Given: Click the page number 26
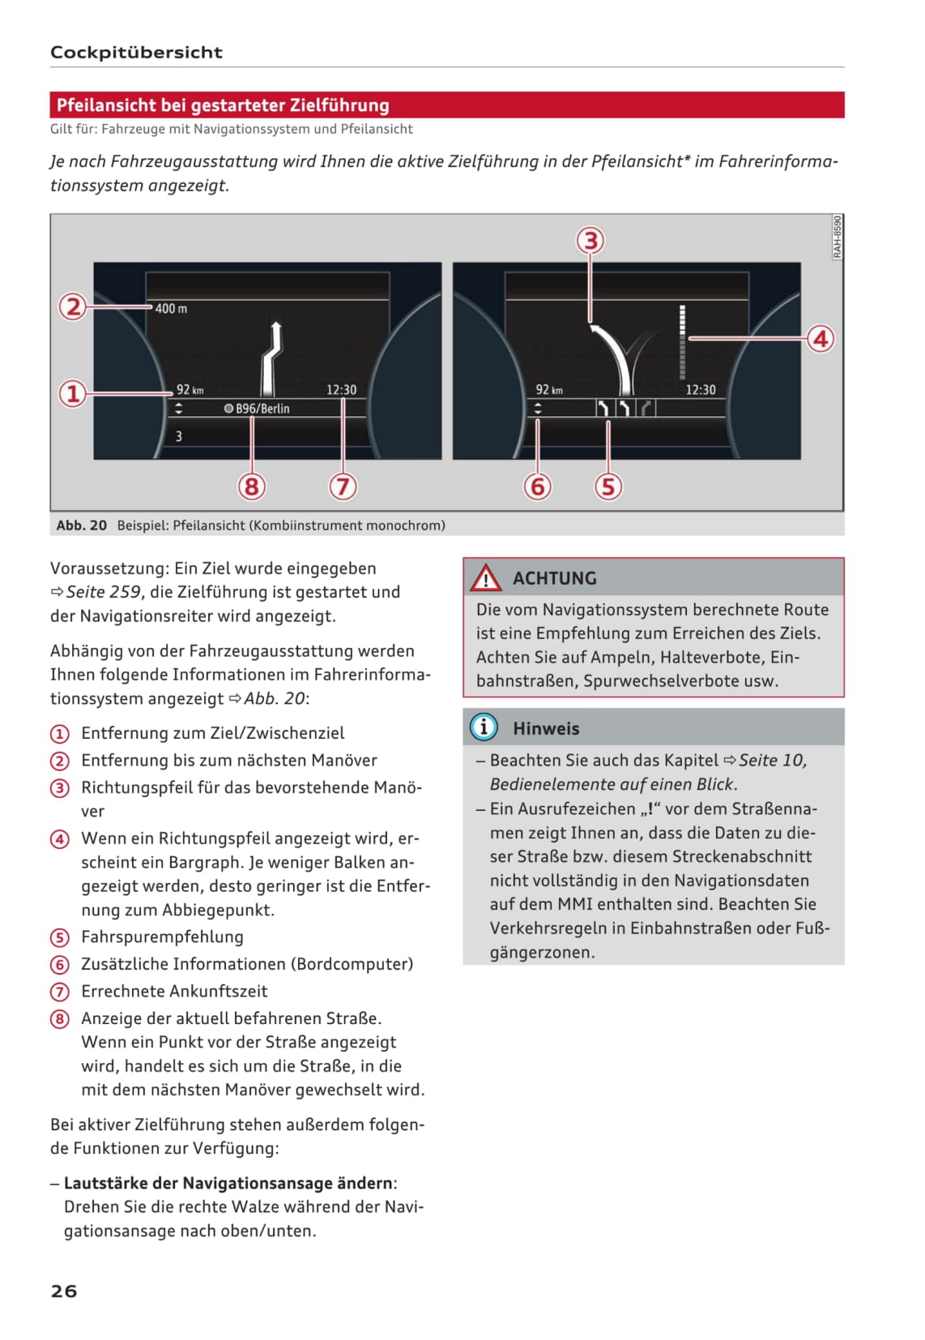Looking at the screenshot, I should (64, 1291).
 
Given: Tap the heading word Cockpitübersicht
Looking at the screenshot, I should (136, 53).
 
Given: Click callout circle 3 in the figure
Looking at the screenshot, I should (590, 241).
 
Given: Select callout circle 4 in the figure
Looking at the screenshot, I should (820, 338).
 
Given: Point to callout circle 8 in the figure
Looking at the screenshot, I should (251, 486).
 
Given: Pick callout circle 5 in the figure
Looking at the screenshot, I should (608, 486).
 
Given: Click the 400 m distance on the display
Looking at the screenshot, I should (171, 309).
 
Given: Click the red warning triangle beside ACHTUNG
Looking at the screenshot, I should (486, 578).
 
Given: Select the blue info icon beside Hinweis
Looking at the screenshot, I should (484, 727).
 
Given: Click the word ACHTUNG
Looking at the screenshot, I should (554, 578).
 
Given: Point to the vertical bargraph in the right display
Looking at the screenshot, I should (683, 342).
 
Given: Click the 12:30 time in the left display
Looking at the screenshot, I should (341, 390).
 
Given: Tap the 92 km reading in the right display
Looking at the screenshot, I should (548, 390).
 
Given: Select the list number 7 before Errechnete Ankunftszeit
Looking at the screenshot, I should (60, 991).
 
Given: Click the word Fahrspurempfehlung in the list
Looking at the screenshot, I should (162, 937).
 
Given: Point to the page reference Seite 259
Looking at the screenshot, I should (104, 592).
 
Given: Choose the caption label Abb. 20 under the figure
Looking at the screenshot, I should (82, 525).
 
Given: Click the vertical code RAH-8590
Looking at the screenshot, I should (837, 237).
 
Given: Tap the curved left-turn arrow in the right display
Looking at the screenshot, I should (613, 352).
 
